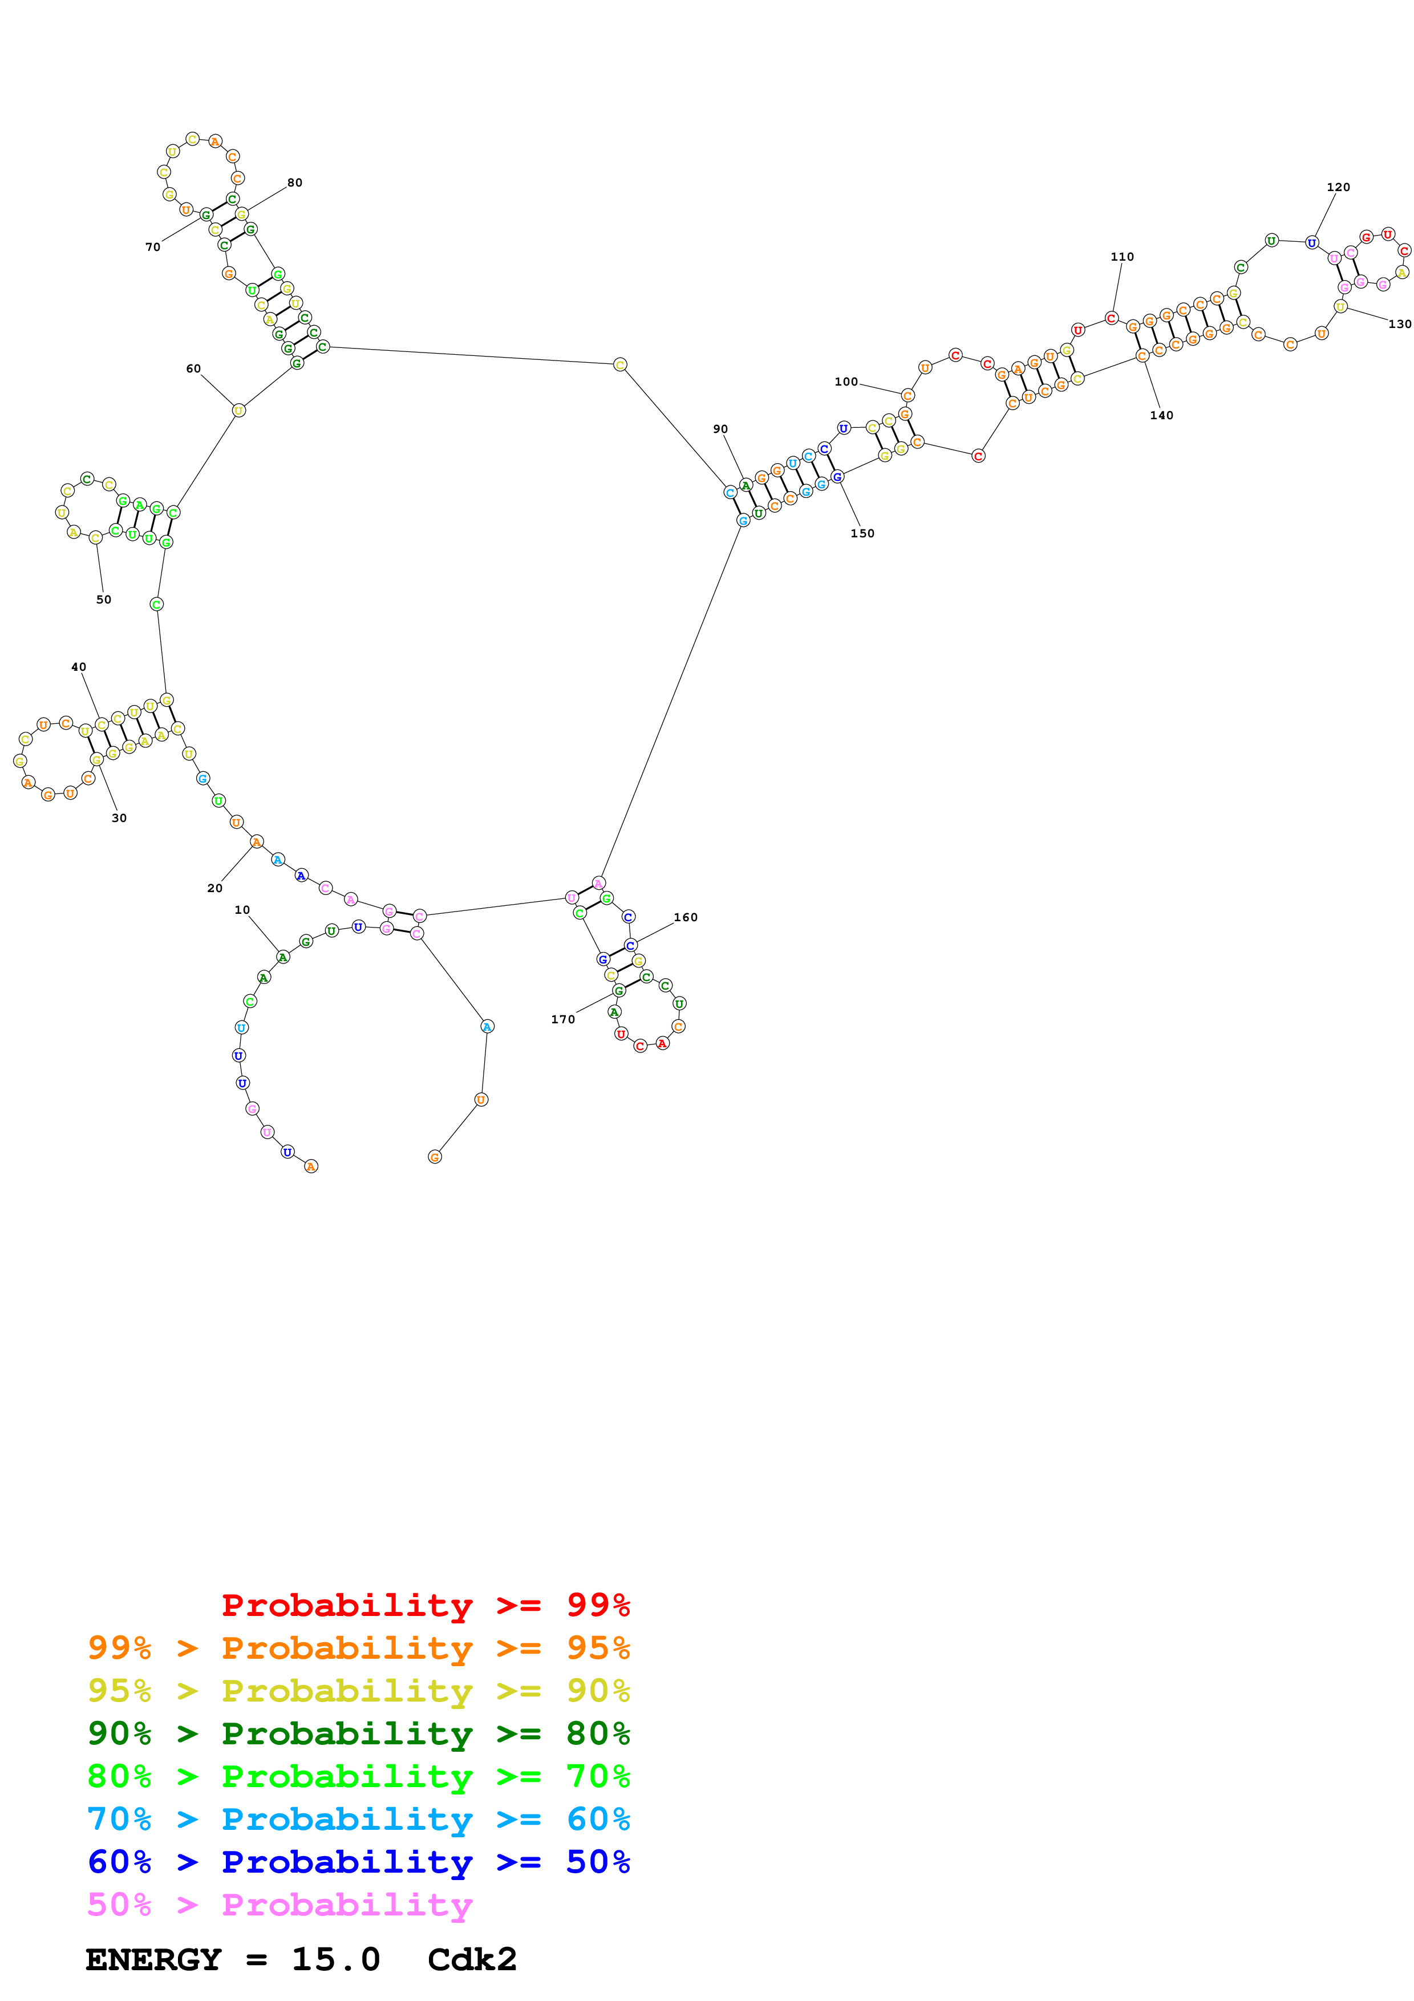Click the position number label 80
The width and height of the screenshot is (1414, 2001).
(294, 183)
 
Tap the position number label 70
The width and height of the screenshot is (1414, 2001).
(152, 248)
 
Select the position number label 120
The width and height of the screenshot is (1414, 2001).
(1338, 187)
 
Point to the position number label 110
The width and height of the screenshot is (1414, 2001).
(1122, 257)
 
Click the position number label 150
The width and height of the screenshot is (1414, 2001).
(862, 533)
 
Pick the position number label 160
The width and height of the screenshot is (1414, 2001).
(685, 918)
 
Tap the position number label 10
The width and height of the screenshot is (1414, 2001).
(242, 910)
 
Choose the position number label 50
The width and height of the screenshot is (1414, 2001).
(104, 600)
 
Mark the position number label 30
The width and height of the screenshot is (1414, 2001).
(119, 819)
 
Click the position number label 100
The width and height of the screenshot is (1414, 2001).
(846, 382)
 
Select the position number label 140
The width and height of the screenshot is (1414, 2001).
(1161, 416)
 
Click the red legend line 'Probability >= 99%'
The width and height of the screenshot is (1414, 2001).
(425, 1605)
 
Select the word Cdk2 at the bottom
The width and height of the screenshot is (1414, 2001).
(472, 1960)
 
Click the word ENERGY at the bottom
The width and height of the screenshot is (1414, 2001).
(153, 1960)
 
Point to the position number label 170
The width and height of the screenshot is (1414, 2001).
(563, 1020)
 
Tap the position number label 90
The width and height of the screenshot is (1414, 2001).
(720, 430)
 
